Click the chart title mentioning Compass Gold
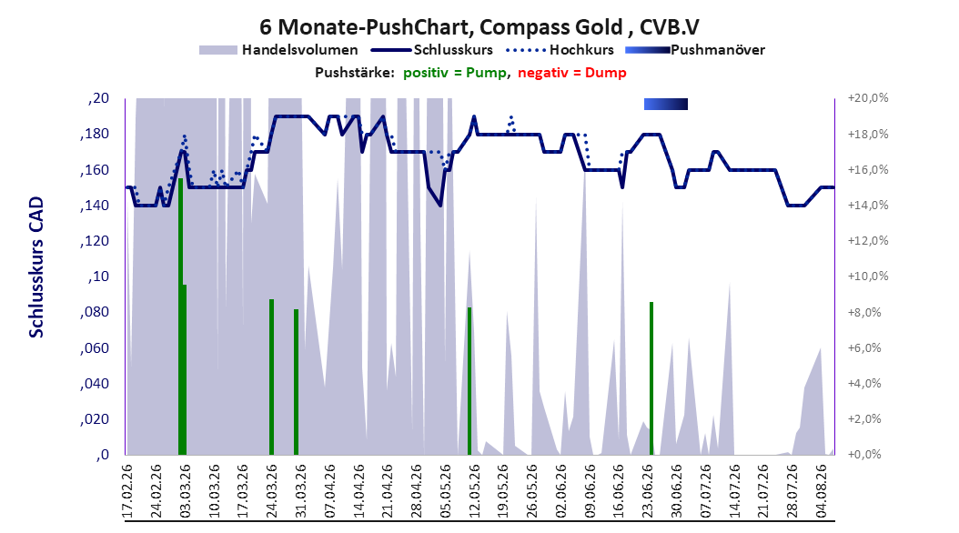[x=479, y=27]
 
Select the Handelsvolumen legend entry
[x=278, y=50]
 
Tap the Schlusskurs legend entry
[x=432, y=50]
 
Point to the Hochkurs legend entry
[x=560, y=50]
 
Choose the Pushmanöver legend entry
[x=695, y=50]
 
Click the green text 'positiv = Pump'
[x=455, y=73]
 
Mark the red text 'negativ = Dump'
[x=572, y=73]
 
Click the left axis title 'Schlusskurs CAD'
[x=36, y=266]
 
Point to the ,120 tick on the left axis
[x=95, y=241]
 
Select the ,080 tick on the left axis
[x=95, y=312]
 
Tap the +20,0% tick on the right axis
[x=868, y=98]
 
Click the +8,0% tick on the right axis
[x=864, y=312]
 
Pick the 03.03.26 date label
[x=186, y=491]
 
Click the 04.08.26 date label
[x=822, y=491]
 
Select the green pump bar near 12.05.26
[x=469, y=381]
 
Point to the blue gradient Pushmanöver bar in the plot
[x=666, y=105]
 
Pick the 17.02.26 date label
[x=127, y=491]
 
